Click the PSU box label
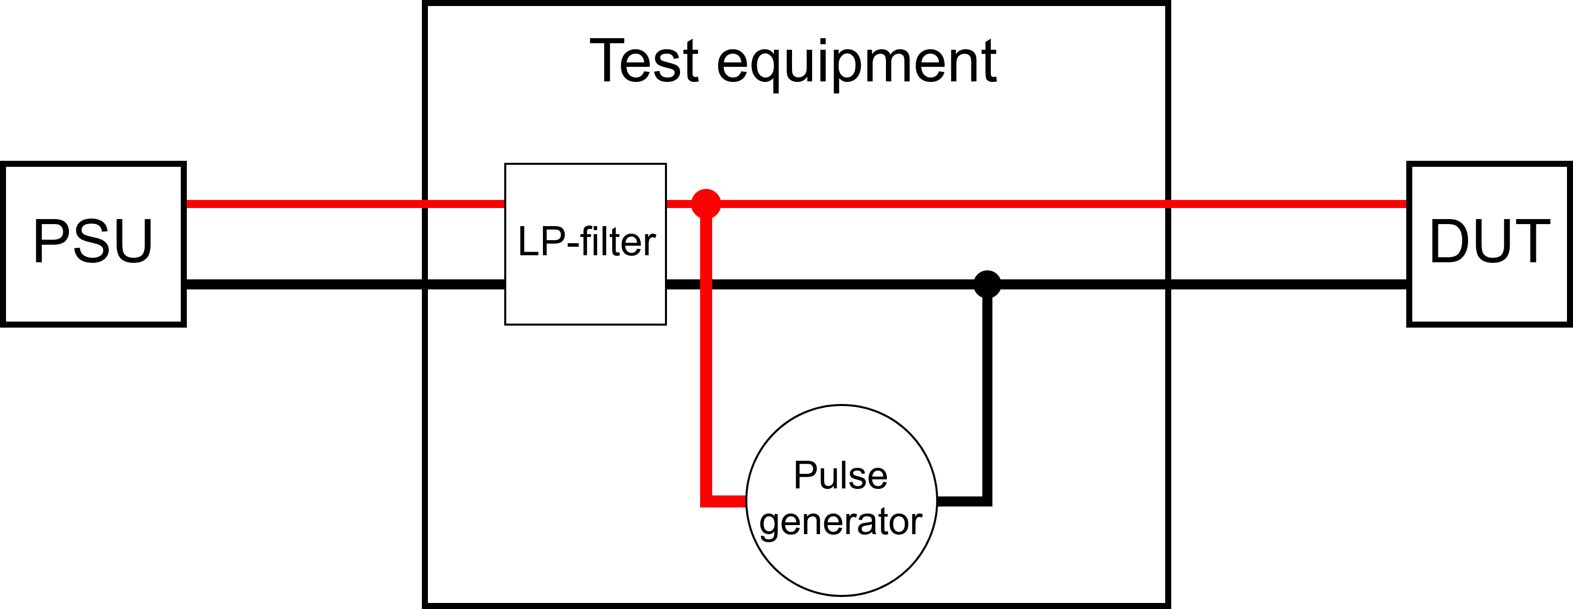(93, 241)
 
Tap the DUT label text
(1489, 242)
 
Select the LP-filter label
(586, 242)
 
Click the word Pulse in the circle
(840, 475)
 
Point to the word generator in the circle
(840, 522)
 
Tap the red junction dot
(706, 204)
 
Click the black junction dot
(987, 284)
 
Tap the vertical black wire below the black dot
(987, 397)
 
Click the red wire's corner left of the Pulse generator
(707, 501)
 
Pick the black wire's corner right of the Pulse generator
(986, 501)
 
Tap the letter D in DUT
(1451, 242)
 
